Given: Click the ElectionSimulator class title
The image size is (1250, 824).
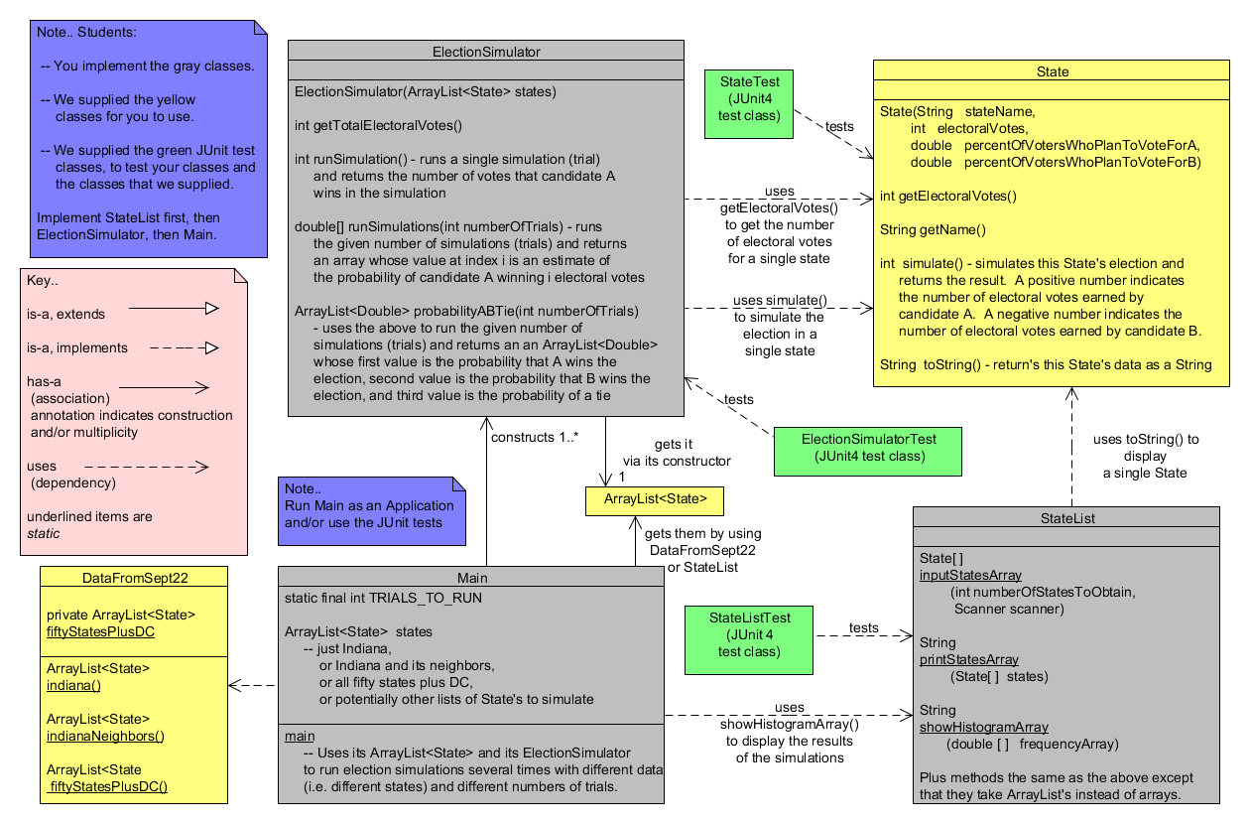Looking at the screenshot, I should click(x=486, y=51).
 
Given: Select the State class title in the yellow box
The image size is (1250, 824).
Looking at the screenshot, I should click(x=1052, y=71).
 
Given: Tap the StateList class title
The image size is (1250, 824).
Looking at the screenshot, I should click(x=1067, y=517).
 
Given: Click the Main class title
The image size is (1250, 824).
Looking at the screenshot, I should click(x=472, y=577).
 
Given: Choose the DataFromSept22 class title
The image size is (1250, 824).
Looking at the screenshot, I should click(x=134, y=576).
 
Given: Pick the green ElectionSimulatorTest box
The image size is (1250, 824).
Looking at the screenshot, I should click(x=868, y=447).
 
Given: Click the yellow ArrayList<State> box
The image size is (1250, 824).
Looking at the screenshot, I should click(x=655, y=500).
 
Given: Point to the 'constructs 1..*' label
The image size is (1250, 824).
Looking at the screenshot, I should click(x=537, y=437).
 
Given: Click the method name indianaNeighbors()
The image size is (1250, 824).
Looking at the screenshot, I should click(x=105, y=736).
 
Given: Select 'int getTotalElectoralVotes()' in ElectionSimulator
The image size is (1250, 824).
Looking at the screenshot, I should click(x=379, y=125).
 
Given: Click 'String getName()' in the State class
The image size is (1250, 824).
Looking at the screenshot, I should click(x=933, y=229).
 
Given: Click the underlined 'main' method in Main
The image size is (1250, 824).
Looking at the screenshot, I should click(x=300, y=736).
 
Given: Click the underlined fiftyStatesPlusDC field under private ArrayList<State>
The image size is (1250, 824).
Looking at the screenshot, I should click(x=100, y=631).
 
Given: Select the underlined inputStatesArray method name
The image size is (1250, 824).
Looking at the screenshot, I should click(x=970, y=575).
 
